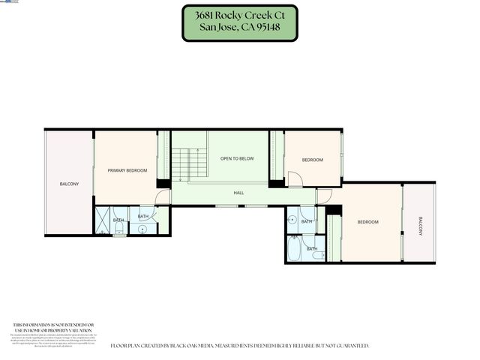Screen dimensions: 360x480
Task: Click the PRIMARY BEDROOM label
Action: (127, 171)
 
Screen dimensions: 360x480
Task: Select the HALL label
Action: (238, 193)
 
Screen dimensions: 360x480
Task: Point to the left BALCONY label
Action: (69, 184)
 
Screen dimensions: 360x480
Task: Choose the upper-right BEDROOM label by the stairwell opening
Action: (312, 160)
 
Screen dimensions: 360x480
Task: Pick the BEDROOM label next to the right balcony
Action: (367, 222)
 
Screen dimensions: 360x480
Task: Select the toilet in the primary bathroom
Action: (118, 232)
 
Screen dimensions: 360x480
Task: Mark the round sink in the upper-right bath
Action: (291, 220)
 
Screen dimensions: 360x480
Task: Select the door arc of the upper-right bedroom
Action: (295, 180)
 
